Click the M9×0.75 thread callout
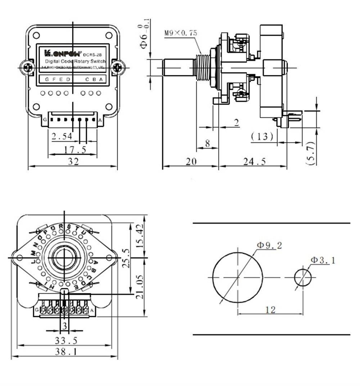click(x=181, y=33)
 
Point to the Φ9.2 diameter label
click(x=269, y=245)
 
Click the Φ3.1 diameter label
click(x=323, y=260)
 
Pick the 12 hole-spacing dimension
click(x=270, y=309)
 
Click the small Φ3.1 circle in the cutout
click(x=303, y=277)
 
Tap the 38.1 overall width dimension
click(x=66, y=352)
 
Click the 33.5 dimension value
click(x=66, y=340)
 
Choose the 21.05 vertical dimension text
click(x=140, y=287)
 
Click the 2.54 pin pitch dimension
click(x=62, y=136)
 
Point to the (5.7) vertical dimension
click(x=312, y=153)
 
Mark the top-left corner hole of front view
click(x=36, y=35)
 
